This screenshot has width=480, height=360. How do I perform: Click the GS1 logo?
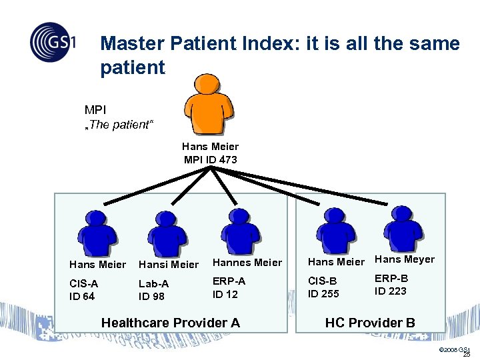click(53, 43)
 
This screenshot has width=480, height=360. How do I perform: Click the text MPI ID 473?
click(210, 159)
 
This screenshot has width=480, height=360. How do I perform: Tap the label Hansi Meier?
click(169, 265)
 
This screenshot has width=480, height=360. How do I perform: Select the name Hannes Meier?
click(247, 263)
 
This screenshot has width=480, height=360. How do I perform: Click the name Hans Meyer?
click(405, 259)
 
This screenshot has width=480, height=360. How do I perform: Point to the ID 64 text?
click(83, 296)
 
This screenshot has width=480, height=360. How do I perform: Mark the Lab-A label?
click(153, 284)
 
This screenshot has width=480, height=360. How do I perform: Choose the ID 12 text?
click(225, 294)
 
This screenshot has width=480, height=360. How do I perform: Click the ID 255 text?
click(323, 293)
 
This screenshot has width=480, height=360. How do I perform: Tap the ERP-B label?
click(391, 278)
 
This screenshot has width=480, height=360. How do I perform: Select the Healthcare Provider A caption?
click(170, 323)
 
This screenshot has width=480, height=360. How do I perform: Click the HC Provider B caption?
click(370, 323)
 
